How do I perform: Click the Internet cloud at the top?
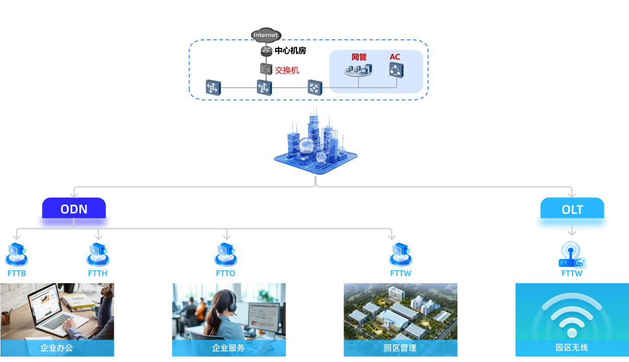coord(266,35)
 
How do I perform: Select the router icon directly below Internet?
coord(267,50)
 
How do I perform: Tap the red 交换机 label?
coord(287,69)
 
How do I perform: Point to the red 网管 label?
coord(359,56)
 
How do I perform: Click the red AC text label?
coord(395,56)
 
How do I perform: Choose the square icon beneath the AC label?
coord(396,70)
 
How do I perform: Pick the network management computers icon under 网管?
coord(359,70)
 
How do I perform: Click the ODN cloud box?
coord(74,210)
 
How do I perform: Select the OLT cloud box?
coord(572,210)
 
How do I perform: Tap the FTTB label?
coord(17,273)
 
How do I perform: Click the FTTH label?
coord(98,273)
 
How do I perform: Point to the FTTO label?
coord(226,273)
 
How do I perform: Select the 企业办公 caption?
coord(56,348)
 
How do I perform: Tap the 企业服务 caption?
coord(228,348)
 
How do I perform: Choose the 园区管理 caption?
coord(400,348)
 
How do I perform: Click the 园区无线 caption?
coord(572,347)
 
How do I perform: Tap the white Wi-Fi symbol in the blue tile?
coord(572,316)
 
